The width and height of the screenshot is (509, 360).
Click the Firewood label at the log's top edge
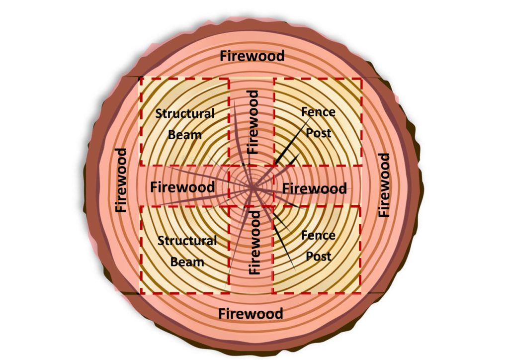click(x=252, y=56)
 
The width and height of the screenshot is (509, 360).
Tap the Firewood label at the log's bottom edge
click(x=251, y=314)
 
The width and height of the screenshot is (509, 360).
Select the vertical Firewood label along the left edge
click(x=121, y=180)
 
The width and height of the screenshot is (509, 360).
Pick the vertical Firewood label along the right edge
click(x=384, y=185)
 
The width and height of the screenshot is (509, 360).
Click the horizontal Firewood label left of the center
click(x=182, y=187)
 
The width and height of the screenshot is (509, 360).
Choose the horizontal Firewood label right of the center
click(x=314, y=188)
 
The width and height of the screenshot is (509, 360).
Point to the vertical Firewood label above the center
click(x=253, y=122)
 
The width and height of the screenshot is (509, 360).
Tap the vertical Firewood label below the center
click(x=254, y=243)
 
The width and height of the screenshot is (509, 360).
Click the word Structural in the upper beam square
click(x=185, y=113)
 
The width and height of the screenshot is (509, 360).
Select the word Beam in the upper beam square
click(x=185, y=135)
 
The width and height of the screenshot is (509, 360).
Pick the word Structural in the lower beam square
click(x=187, y=241)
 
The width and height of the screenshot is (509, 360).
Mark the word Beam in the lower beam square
click(x=187, y=262)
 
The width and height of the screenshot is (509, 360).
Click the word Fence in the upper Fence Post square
click(x=318, y=112)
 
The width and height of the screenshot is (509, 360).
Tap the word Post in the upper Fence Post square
click(x=319, y=133)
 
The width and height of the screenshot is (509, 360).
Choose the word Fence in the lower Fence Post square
click(x=318, y=235)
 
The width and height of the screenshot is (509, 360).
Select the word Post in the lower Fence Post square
click(x=319, y=257)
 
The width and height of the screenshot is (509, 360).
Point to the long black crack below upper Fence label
click(x=292, y=141)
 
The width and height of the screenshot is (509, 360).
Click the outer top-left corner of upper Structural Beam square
click(x=140, y=78)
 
